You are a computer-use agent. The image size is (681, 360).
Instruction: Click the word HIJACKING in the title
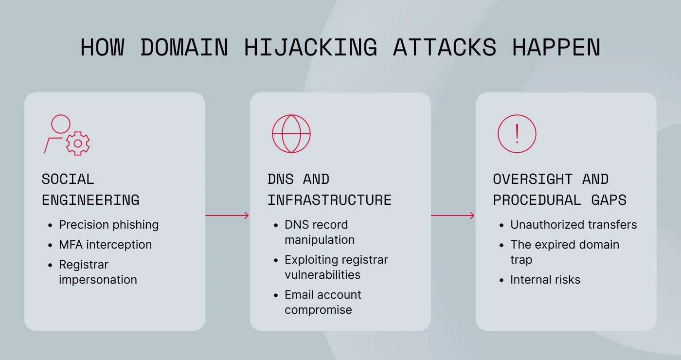310,48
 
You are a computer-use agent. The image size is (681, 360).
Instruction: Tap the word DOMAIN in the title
184,48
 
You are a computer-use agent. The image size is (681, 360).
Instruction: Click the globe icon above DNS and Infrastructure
291,134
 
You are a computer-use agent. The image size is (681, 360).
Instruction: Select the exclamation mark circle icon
517,134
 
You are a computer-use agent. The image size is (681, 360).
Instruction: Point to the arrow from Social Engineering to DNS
227,216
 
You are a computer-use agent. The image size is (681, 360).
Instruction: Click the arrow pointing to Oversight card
453,216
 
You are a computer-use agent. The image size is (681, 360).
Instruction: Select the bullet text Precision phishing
108,225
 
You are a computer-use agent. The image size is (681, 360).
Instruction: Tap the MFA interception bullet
105,245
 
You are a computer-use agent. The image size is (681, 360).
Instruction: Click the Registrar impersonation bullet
98,272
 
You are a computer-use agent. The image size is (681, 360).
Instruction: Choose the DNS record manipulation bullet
320,232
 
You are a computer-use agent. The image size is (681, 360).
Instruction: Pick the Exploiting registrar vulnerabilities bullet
336,267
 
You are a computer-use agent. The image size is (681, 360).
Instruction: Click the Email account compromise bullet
323,302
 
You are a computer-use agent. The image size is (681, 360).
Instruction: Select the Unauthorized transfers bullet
573,225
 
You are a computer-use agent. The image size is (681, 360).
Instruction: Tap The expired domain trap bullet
564,252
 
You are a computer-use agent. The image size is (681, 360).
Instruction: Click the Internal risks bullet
545,280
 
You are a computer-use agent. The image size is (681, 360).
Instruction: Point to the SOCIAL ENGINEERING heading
90,190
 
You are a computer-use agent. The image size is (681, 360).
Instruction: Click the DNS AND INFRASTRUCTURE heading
329,190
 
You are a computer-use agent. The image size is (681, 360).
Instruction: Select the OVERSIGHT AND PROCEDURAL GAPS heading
559,190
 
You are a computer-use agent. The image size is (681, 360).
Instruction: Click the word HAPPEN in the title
556,48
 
